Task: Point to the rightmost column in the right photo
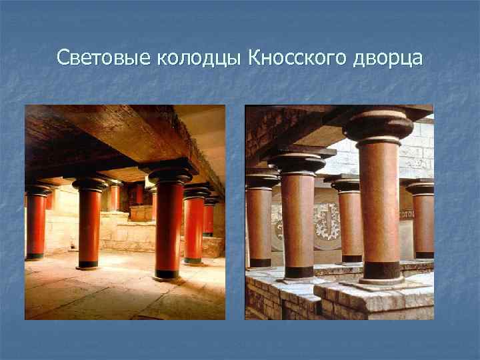point(422,220)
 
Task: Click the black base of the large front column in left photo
point(167,273)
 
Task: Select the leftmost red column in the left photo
point(36,223)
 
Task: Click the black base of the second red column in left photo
point(89,263)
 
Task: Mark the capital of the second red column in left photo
point(90,184)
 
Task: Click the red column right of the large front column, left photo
point(193,227)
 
